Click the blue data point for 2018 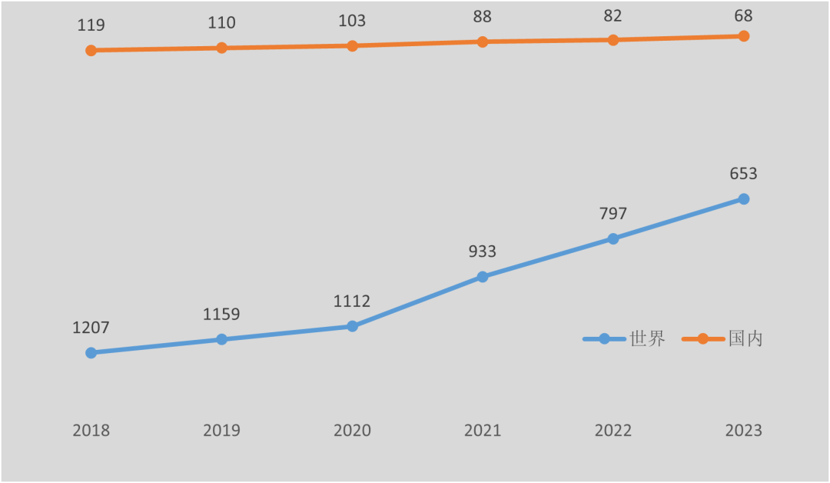click(91, 352)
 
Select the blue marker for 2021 click(483, 276)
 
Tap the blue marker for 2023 click(744, 198)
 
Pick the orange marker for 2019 click(221, 48)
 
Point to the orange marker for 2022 click(613, 39)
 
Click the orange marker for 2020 click(352, 45)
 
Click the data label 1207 click(91, 328)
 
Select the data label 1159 click(221, 315)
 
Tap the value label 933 click(483, 251)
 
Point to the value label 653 click(743, 174)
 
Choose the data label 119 click(91, 25)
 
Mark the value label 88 click(483, 17)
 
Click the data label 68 click(743, 15)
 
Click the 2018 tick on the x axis click(91, 431)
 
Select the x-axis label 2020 click(352, 431)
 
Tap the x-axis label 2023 click(743, 431)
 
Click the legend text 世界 click(647, 338)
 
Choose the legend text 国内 click(745, 338)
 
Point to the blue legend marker click(604, 338)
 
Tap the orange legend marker click(702, 338)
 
